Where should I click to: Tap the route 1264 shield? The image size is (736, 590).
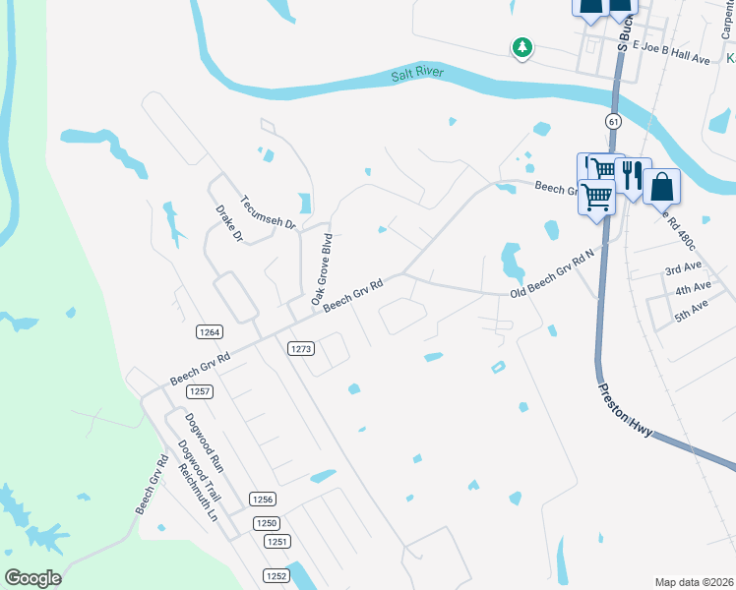point(208,332)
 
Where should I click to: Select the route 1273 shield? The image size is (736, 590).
point(301,349)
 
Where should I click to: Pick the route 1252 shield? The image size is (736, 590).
point(276,575)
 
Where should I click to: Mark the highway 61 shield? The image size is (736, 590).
point(613,121)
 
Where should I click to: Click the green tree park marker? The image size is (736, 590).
point(521,47)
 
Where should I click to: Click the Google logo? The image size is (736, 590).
point(33,578)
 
